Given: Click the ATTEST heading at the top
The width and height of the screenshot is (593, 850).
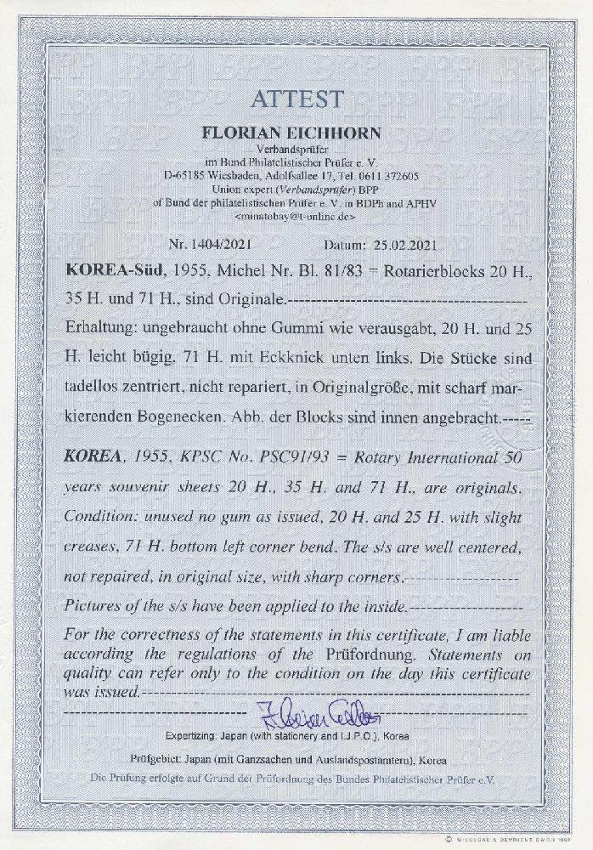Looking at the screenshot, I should [296, 99].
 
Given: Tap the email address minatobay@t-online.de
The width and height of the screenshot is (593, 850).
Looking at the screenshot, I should [295, 217].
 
